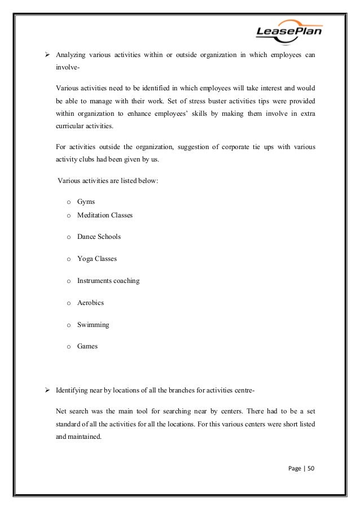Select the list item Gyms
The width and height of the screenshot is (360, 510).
(x=86, y=201)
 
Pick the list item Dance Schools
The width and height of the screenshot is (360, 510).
(x=99, y=237)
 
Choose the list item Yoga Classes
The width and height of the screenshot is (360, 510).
(x=97, y=259)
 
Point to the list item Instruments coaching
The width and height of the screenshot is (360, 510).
(x=108, y=281)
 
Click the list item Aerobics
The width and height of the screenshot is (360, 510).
(x=90, y=303)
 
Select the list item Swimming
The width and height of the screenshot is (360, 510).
(x=93, y=325)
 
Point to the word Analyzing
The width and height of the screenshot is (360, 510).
(x=72, y=55)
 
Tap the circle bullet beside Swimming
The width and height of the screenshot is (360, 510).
(x=68, y=325)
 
